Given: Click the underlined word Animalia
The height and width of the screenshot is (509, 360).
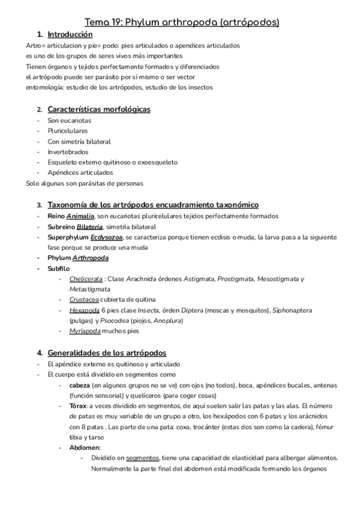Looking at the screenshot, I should (80, 216).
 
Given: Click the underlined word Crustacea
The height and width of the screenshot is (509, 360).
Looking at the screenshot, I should (83, 300).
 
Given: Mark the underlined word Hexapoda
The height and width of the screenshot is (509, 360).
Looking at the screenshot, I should (83, 310).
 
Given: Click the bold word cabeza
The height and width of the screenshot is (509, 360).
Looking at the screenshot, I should (80, 385).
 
